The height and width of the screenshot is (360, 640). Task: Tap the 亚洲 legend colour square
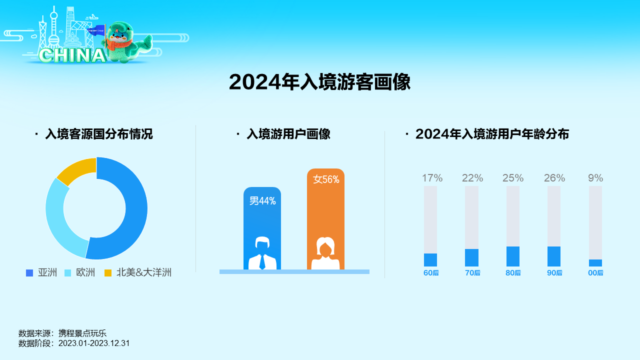point(29,273)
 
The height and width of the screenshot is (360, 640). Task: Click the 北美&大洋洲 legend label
point(143,272)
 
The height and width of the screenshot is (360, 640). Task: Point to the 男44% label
point(262,201)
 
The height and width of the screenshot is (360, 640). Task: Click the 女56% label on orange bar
point(326,179)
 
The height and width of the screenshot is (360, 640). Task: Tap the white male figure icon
point(262,253)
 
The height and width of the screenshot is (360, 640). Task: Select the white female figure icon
point(325,253)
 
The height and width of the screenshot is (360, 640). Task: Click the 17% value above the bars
point(432,178)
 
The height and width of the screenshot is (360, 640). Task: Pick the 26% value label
point(554,178)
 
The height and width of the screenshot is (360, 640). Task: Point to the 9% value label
point(595,178)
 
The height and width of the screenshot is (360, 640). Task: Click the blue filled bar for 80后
point(513,256)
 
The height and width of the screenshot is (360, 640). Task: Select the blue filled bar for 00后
point(595,263)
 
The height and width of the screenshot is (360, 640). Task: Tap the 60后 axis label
point(431,273)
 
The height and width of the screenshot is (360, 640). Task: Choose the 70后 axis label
point(472,273)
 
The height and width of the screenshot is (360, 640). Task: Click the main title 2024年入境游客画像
point(319,82)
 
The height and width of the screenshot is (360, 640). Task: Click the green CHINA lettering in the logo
point(72,55)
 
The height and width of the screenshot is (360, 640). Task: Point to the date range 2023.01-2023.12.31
point(94,343)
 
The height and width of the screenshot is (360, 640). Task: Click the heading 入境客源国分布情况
point(99,134)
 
